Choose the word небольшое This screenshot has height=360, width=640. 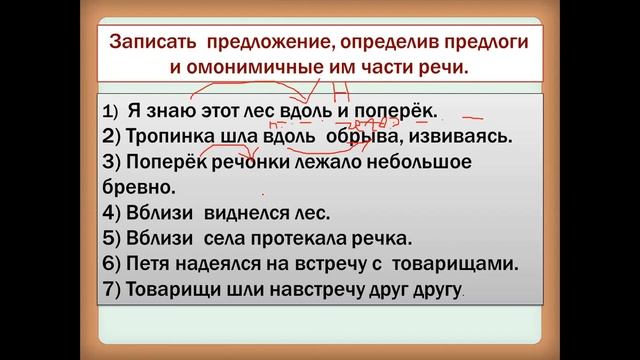pyautogui.click(x=431, y=161)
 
